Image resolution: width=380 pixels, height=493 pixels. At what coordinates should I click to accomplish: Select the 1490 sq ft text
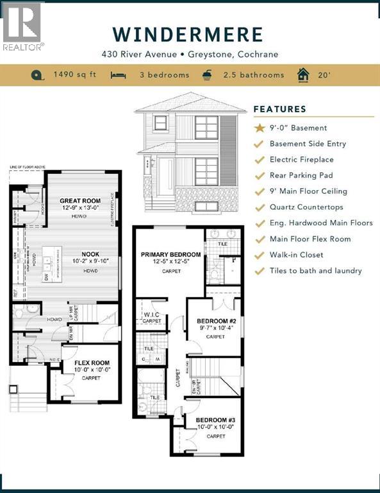point(74,75)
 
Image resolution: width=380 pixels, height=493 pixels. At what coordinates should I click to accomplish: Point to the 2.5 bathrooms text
point(253,75)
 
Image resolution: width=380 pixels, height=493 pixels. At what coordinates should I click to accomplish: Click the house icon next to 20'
point(302,74)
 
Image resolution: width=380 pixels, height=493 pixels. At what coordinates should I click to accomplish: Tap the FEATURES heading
point(279,109)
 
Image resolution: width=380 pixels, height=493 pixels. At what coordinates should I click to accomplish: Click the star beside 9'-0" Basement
point(259,128)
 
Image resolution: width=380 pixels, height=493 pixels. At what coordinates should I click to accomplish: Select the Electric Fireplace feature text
point(301,159)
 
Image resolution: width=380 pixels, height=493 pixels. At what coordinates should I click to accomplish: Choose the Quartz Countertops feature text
point(306,207)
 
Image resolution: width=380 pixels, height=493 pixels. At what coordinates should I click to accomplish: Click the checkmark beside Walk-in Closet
point(259,255)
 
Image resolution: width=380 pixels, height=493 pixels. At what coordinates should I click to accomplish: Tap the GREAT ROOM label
point(80,201)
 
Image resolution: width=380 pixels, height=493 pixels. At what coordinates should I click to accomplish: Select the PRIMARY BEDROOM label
point(170,255)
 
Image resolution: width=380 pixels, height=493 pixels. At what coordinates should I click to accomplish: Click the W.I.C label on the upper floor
point(152,314)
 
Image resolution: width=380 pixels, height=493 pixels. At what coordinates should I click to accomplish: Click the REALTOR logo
point(22,26)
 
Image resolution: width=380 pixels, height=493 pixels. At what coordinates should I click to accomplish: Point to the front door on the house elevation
point(165,177)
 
